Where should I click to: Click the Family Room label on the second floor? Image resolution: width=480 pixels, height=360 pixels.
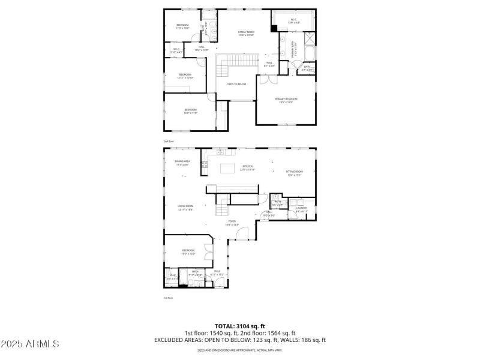246,32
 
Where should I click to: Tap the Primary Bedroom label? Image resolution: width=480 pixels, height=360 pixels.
286,100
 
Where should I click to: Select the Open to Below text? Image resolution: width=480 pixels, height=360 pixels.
236,84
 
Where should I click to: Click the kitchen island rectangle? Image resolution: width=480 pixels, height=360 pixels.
228,169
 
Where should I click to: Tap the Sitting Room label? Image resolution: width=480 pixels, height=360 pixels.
295,173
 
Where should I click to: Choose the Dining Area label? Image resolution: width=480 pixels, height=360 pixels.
182,163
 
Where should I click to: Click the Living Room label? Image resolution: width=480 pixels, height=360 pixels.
185,208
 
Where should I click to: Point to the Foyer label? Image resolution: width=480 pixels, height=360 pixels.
232,224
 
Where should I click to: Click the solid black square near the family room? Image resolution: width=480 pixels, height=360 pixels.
274,28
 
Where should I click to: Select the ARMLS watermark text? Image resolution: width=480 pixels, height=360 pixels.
30,344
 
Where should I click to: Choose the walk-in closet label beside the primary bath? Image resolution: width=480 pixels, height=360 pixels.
293,21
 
